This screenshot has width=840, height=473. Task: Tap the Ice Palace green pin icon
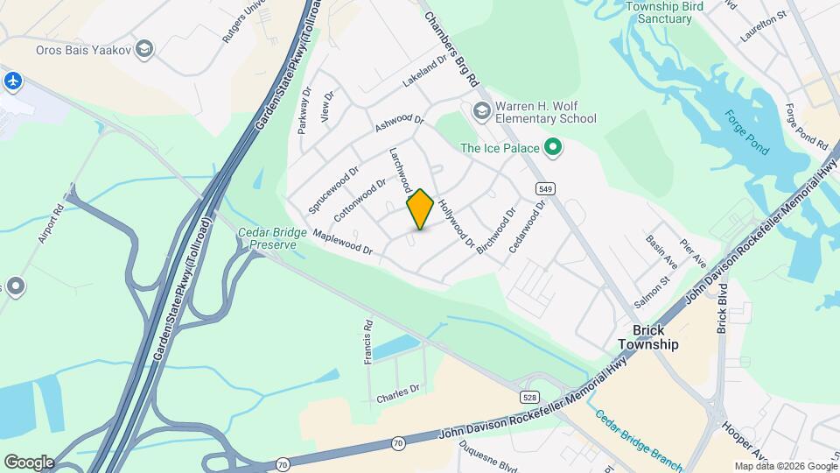552,147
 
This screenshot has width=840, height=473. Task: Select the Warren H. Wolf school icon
480,111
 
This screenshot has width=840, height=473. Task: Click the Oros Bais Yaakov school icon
145,49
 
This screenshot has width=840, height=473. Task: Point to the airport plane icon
12,81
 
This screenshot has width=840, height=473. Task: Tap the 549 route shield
544,188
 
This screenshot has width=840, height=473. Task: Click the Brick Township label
655,337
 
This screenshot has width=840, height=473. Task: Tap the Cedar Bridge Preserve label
272,238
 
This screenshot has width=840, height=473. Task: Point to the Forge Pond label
745,132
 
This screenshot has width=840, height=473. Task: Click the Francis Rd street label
369,341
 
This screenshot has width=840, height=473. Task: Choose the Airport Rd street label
46,226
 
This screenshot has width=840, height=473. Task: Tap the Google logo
29,462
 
